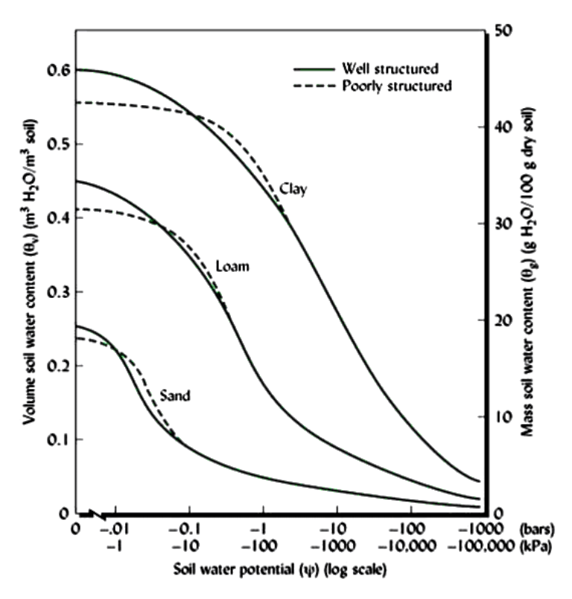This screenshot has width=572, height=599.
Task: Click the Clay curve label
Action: pos(293,189)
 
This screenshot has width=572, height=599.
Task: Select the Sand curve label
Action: pos(176,396)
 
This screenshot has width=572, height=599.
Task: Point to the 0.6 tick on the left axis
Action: pos(57,71)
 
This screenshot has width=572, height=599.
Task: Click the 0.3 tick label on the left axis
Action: pos(57,292)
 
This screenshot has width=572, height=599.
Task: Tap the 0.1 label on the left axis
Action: pos(57,440)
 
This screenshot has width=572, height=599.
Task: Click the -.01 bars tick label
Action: pos(115,529)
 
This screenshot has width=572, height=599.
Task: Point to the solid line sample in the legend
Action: pos(313,69)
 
